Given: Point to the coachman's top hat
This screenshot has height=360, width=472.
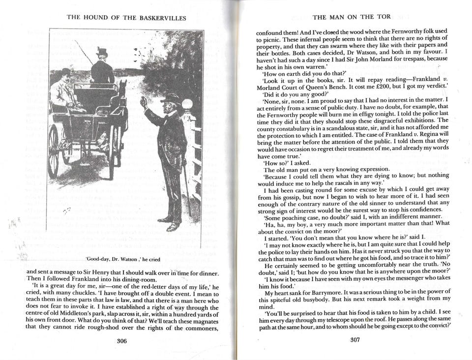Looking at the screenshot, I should click(x=102, y=52).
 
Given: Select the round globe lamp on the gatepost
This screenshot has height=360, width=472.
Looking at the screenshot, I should click(x=187, y=104).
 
